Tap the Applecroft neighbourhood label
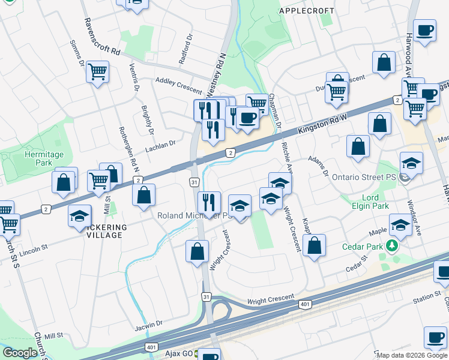307,11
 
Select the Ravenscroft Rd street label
98,34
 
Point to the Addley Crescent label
178,85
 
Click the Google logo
19,353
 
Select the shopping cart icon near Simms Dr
97,72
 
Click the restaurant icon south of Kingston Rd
208,201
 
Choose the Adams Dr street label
319,166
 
